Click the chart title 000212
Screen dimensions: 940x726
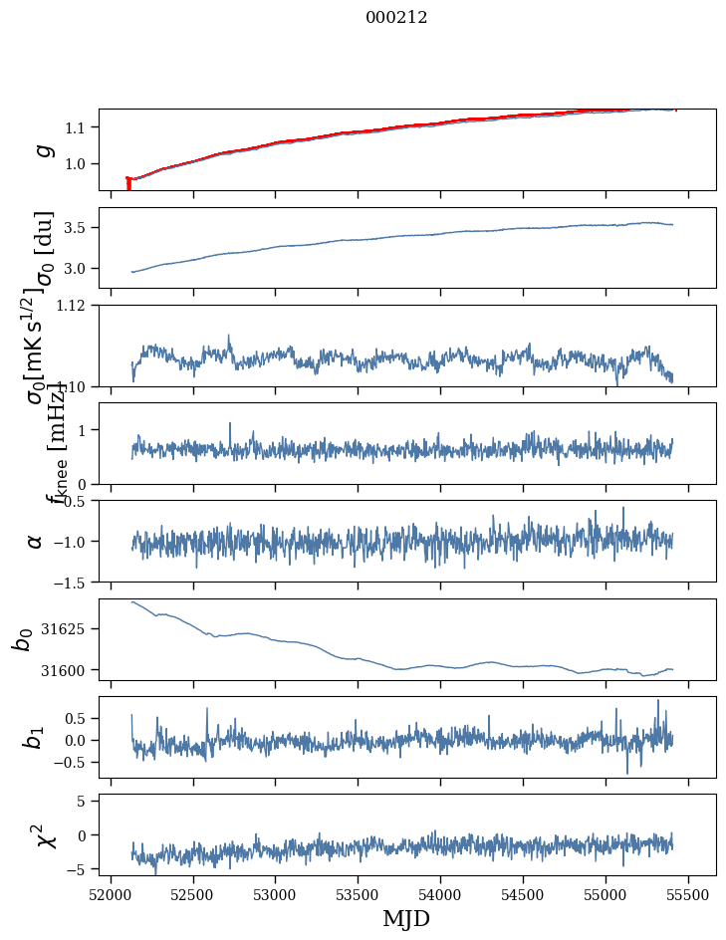396,17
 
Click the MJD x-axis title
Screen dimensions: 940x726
406,918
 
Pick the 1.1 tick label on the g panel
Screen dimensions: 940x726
80,127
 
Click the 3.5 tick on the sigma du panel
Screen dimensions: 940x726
80,228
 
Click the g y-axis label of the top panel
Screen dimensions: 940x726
41,150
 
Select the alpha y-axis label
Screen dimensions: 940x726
35,541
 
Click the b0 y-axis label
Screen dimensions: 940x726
23,639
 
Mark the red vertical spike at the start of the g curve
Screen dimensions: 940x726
128,184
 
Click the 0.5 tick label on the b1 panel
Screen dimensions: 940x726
80,718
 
